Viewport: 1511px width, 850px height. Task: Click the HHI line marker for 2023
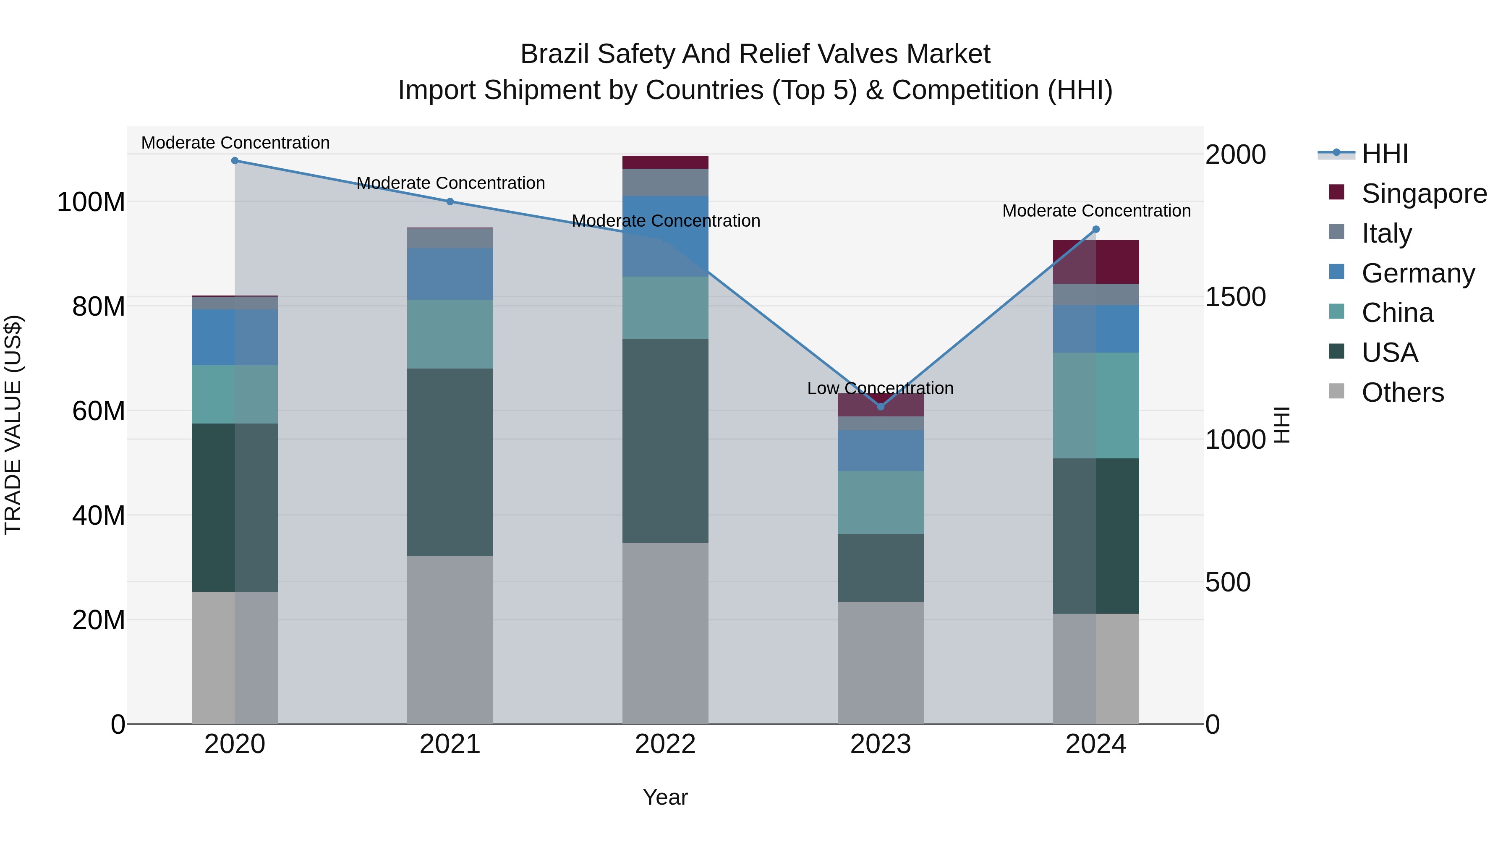tap(881, 406)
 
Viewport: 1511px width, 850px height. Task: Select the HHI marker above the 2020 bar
tap(235, 161)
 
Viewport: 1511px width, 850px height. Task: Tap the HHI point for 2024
tap(1096, 229)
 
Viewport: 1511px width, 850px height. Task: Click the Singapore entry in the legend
tap(1424, 194)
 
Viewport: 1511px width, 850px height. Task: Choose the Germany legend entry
tap(1418, 273)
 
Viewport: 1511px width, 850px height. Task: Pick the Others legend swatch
tap(1337, 391)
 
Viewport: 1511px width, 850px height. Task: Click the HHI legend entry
tap(1384, 154)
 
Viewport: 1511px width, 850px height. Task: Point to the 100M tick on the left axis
tap(91, 202)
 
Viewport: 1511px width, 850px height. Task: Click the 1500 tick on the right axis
tap(1235, 297)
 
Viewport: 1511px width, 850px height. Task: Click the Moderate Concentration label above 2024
tap(1096, 211)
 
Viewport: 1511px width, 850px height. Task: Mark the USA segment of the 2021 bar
tap(450, 462)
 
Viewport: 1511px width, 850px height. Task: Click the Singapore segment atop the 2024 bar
tap(1096, 262)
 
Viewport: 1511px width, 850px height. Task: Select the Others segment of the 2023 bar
tap(881, 663)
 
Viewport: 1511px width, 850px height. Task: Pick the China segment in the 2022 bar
tap(665, 307)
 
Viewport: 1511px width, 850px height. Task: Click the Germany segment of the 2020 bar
tap(235, 337)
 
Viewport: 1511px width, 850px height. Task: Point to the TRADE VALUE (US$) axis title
tap(13, 425)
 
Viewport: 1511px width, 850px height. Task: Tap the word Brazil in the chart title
tap(554, 54)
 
